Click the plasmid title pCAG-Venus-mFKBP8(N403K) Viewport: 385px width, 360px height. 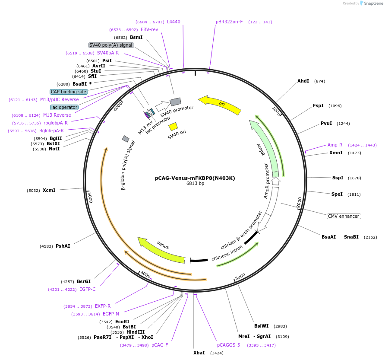pos(195,178)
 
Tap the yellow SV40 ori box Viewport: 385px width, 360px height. pos(173,127)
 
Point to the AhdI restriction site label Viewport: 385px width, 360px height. pos(303,81)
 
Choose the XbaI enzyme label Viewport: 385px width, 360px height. pos(199,353)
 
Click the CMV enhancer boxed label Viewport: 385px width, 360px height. pos(344,216)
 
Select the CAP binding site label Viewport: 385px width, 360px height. pos(69,92)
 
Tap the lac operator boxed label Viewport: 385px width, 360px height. pos(64,107)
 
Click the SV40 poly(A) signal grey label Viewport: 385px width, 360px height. pos(111,45)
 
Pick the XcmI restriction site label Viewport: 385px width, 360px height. pos(49,190)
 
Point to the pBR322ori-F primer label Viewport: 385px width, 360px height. pos(229,22)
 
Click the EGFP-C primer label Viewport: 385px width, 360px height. pos(88,289)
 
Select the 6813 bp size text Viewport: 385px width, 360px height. pos(195,183)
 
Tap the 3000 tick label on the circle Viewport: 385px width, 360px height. pos(240,277)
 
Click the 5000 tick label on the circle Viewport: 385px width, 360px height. pos(90,198)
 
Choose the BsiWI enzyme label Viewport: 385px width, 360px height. pos(262,326)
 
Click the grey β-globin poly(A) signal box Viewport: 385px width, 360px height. pos(126,139)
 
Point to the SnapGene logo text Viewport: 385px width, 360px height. pos(373,3)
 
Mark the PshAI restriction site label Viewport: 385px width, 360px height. pos(63,246)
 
